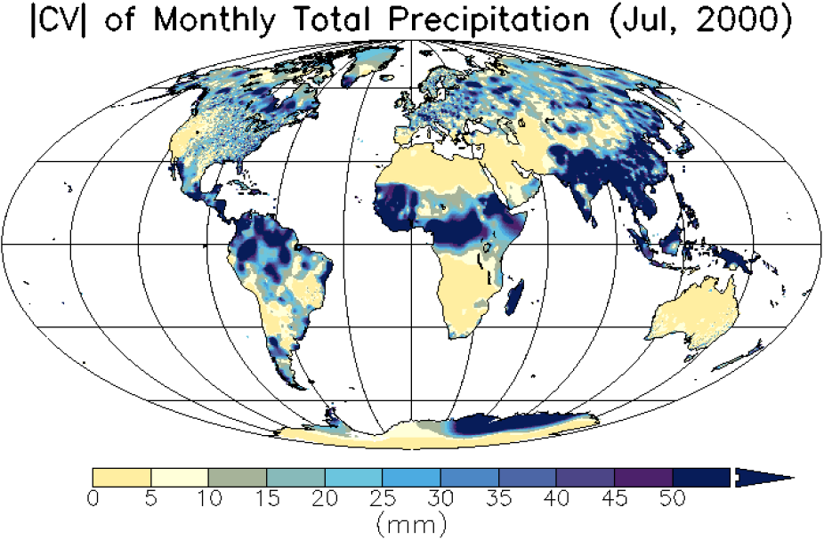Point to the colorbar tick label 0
coord(93,497)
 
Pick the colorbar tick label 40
coord(556,497)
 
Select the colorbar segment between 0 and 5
coord(122,478)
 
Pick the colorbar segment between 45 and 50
coord(643,478)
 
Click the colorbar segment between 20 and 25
coord(353,478)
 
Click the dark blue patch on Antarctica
coord(498,423)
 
